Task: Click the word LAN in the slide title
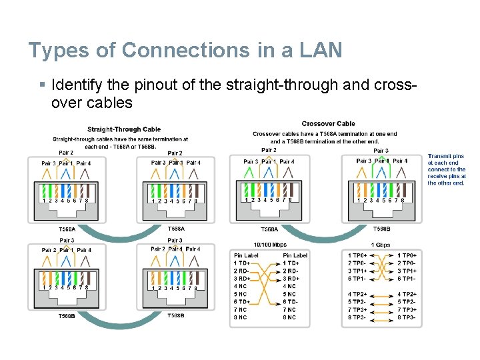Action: coord(320,50)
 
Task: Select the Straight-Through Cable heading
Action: coord(124,129)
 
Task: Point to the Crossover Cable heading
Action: coord(328,123)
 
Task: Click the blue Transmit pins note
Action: coord(447,169)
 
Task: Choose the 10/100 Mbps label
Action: coord(271,245)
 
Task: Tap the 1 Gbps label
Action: coord(381,245)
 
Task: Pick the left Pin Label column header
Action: coord(246,255)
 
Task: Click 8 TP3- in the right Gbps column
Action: coord(407,317)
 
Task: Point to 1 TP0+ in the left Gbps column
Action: coord(358,255)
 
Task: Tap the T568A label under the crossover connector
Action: coord(269,229)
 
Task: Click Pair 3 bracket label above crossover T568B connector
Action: coord(381,151)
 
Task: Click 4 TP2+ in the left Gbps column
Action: coord(358,294)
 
